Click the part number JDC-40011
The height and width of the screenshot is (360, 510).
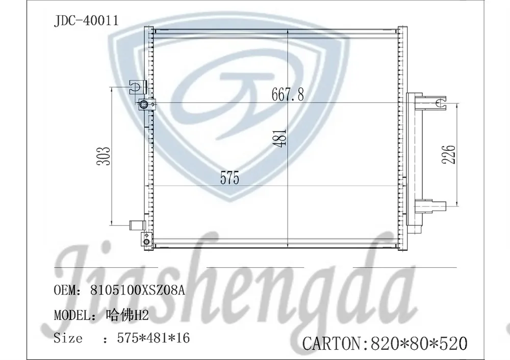coord(86,21)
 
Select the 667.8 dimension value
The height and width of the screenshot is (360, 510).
coord(288,95)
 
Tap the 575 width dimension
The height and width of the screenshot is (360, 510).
coord(229,178)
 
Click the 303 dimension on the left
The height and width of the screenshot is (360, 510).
coord(104,156)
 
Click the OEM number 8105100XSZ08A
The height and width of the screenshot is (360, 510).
coord(138,290)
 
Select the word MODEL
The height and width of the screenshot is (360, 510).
coord(71,315)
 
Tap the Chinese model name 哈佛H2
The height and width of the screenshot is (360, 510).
coord(127,315)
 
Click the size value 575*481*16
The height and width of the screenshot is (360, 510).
coord(153,338)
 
